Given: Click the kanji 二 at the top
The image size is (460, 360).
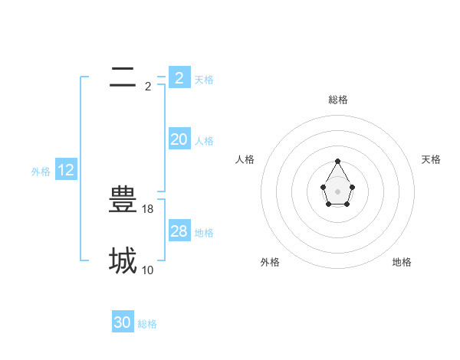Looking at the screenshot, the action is (123, 77).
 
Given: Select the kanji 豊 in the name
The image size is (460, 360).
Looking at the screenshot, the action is (123, 200).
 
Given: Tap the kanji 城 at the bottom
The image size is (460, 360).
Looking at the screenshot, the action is (123, 261).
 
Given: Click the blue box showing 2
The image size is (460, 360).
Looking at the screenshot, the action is (179, 77).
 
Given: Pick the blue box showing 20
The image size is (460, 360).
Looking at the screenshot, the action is (179, 139).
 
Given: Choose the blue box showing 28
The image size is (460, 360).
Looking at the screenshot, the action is (179, 231).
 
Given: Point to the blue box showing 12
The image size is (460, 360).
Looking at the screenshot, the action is (66, 169).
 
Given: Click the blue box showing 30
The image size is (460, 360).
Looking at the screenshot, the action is (123, 322).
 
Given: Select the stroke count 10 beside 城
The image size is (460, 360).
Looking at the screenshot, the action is (149, 270).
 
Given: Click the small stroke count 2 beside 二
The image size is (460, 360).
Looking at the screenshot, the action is (148, 87).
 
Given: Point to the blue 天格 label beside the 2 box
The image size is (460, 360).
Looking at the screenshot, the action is (204, 80).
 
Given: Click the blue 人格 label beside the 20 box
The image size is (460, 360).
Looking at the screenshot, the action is (204, 141).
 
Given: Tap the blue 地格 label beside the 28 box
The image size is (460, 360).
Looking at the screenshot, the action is (204, 233).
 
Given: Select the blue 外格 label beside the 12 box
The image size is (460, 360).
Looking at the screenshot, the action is (41, 172).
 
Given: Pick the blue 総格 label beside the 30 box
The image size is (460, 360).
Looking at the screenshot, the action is (147, 325).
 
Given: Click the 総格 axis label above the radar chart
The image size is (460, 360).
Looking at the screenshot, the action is (338, 100).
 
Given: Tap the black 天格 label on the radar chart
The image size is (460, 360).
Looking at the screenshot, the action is (431, 159).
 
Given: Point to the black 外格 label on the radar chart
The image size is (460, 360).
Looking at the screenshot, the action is (270, 262).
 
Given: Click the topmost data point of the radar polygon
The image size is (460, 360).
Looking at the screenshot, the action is (337, 161).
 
